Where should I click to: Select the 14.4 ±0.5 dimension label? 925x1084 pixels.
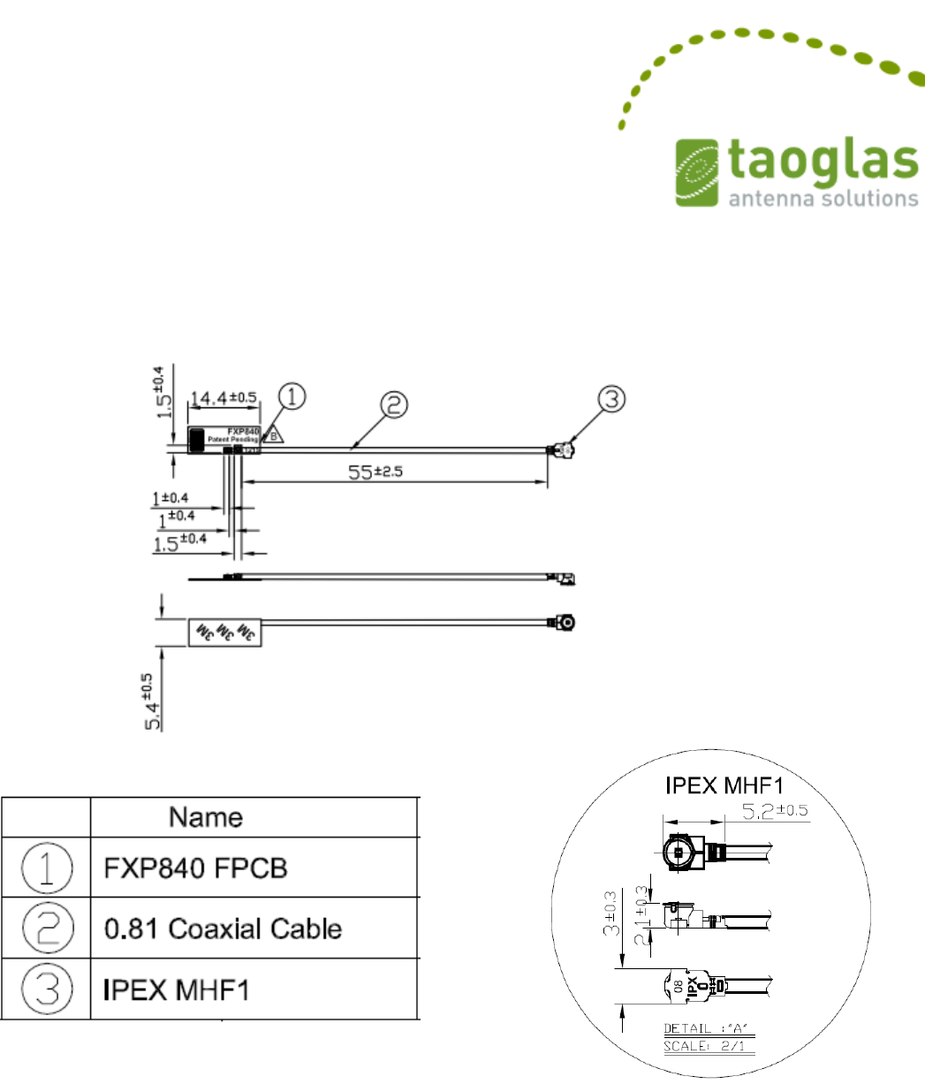click(x=224, y=398)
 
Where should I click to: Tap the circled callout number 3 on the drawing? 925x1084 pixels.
click(x=610, y=400)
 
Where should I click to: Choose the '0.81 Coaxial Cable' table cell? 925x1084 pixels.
click(x=218, y=928)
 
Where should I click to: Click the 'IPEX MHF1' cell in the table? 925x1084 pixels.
click(x=173, y=989)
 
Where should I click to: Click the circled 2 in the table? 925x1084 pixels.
click(x=48, y=928)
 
